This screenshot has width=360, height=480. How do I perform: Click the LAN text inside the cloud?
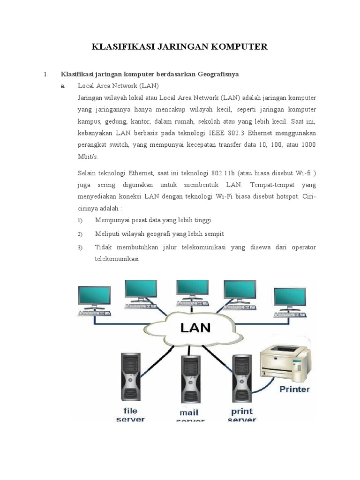pos(195,327)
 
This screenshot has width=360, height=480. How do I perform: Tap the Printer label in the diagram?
pos(294,389)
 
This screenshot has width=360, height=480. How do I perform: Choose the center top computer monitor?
pos(192,290)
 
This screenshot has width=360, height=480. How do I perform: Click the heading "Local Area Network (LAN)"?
pos(118,86)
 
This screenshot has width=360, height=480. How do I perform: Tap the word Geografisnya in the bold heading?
pos(218,74)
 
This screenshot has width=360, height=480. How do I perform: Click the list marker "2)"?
pos(80,234)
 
